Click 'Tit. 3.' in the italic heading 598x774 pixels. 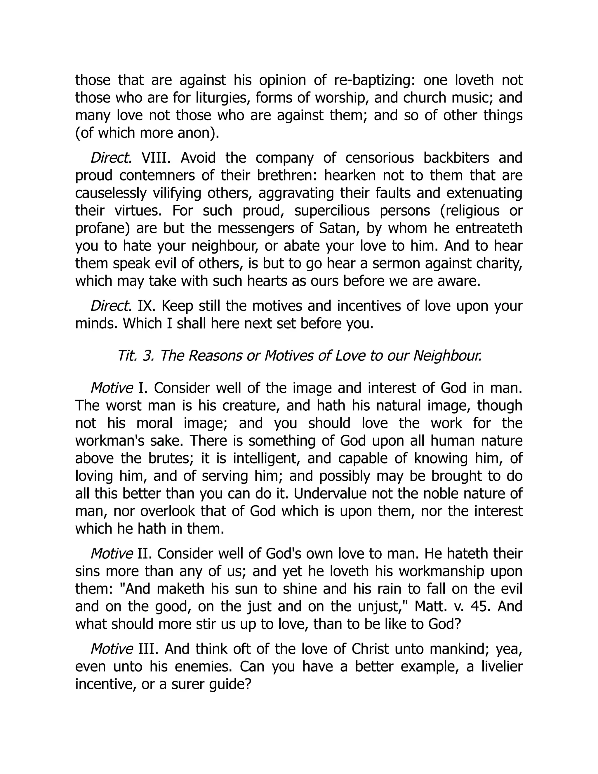tap(136, 356)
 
